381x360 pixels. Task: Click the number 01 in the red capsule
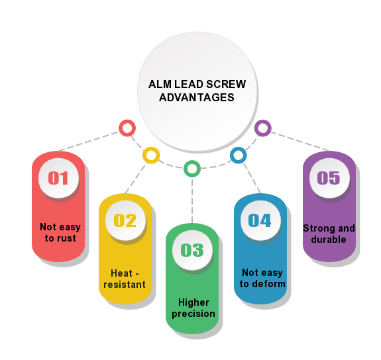58,177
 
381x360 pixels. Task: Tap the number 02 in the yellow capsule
125,220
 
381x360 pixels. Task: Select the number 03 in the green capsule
191,249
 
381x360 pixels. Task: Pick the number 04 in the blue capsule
259,220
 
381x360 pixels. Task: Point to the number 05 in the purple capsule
328,177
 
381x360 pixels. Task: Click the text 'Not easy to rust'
60,232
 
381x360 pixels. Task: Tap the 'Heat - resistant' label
125,279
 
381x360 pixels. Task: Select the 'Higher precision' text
193,308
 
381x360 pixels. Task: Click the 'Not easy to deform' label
262,279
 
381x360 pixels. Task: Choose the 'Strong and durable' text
329,234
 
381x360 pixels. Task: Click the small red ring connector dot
127,128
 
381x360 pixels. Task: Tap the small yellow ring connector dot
151,156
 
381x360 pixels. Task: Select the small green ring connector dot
192,169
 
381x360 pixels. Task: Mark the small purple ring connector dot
262,128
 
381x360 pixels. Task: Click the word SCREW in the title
225,85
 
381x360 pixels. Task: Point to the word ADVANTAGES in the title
197,97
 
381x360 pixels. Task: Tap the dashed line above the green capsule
192,199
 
